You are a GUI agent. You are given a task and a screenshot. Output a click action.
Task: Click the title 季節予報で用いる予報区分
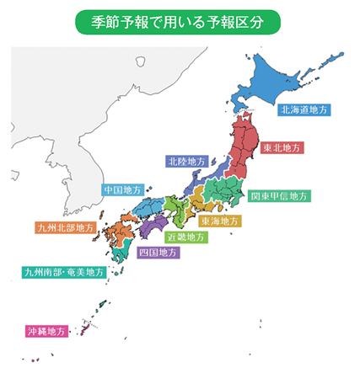point(179,19)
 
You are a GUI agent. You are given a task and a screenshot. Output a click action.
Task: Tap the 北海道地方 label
point(304,109)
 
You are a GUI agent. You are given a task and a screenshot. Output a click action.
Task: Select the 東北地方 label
point(281,147)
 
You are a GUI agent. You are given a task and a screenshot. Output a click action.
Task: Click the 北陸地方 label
point(183,159)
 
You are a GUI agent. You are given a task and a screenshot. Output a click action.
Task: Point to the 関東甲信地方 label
point(280,196)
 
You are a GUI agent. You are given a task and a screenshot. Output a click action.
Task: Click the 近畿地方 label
point(185,237)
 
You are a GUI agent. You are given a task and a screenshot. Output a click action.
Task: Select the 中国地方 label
point(123,190)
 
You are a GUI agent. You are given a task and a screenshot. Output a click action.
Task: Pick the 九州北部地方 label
point(63,227)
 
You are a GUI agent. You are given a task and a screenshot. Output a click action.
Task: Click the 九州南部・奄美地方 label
point(65,272)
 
